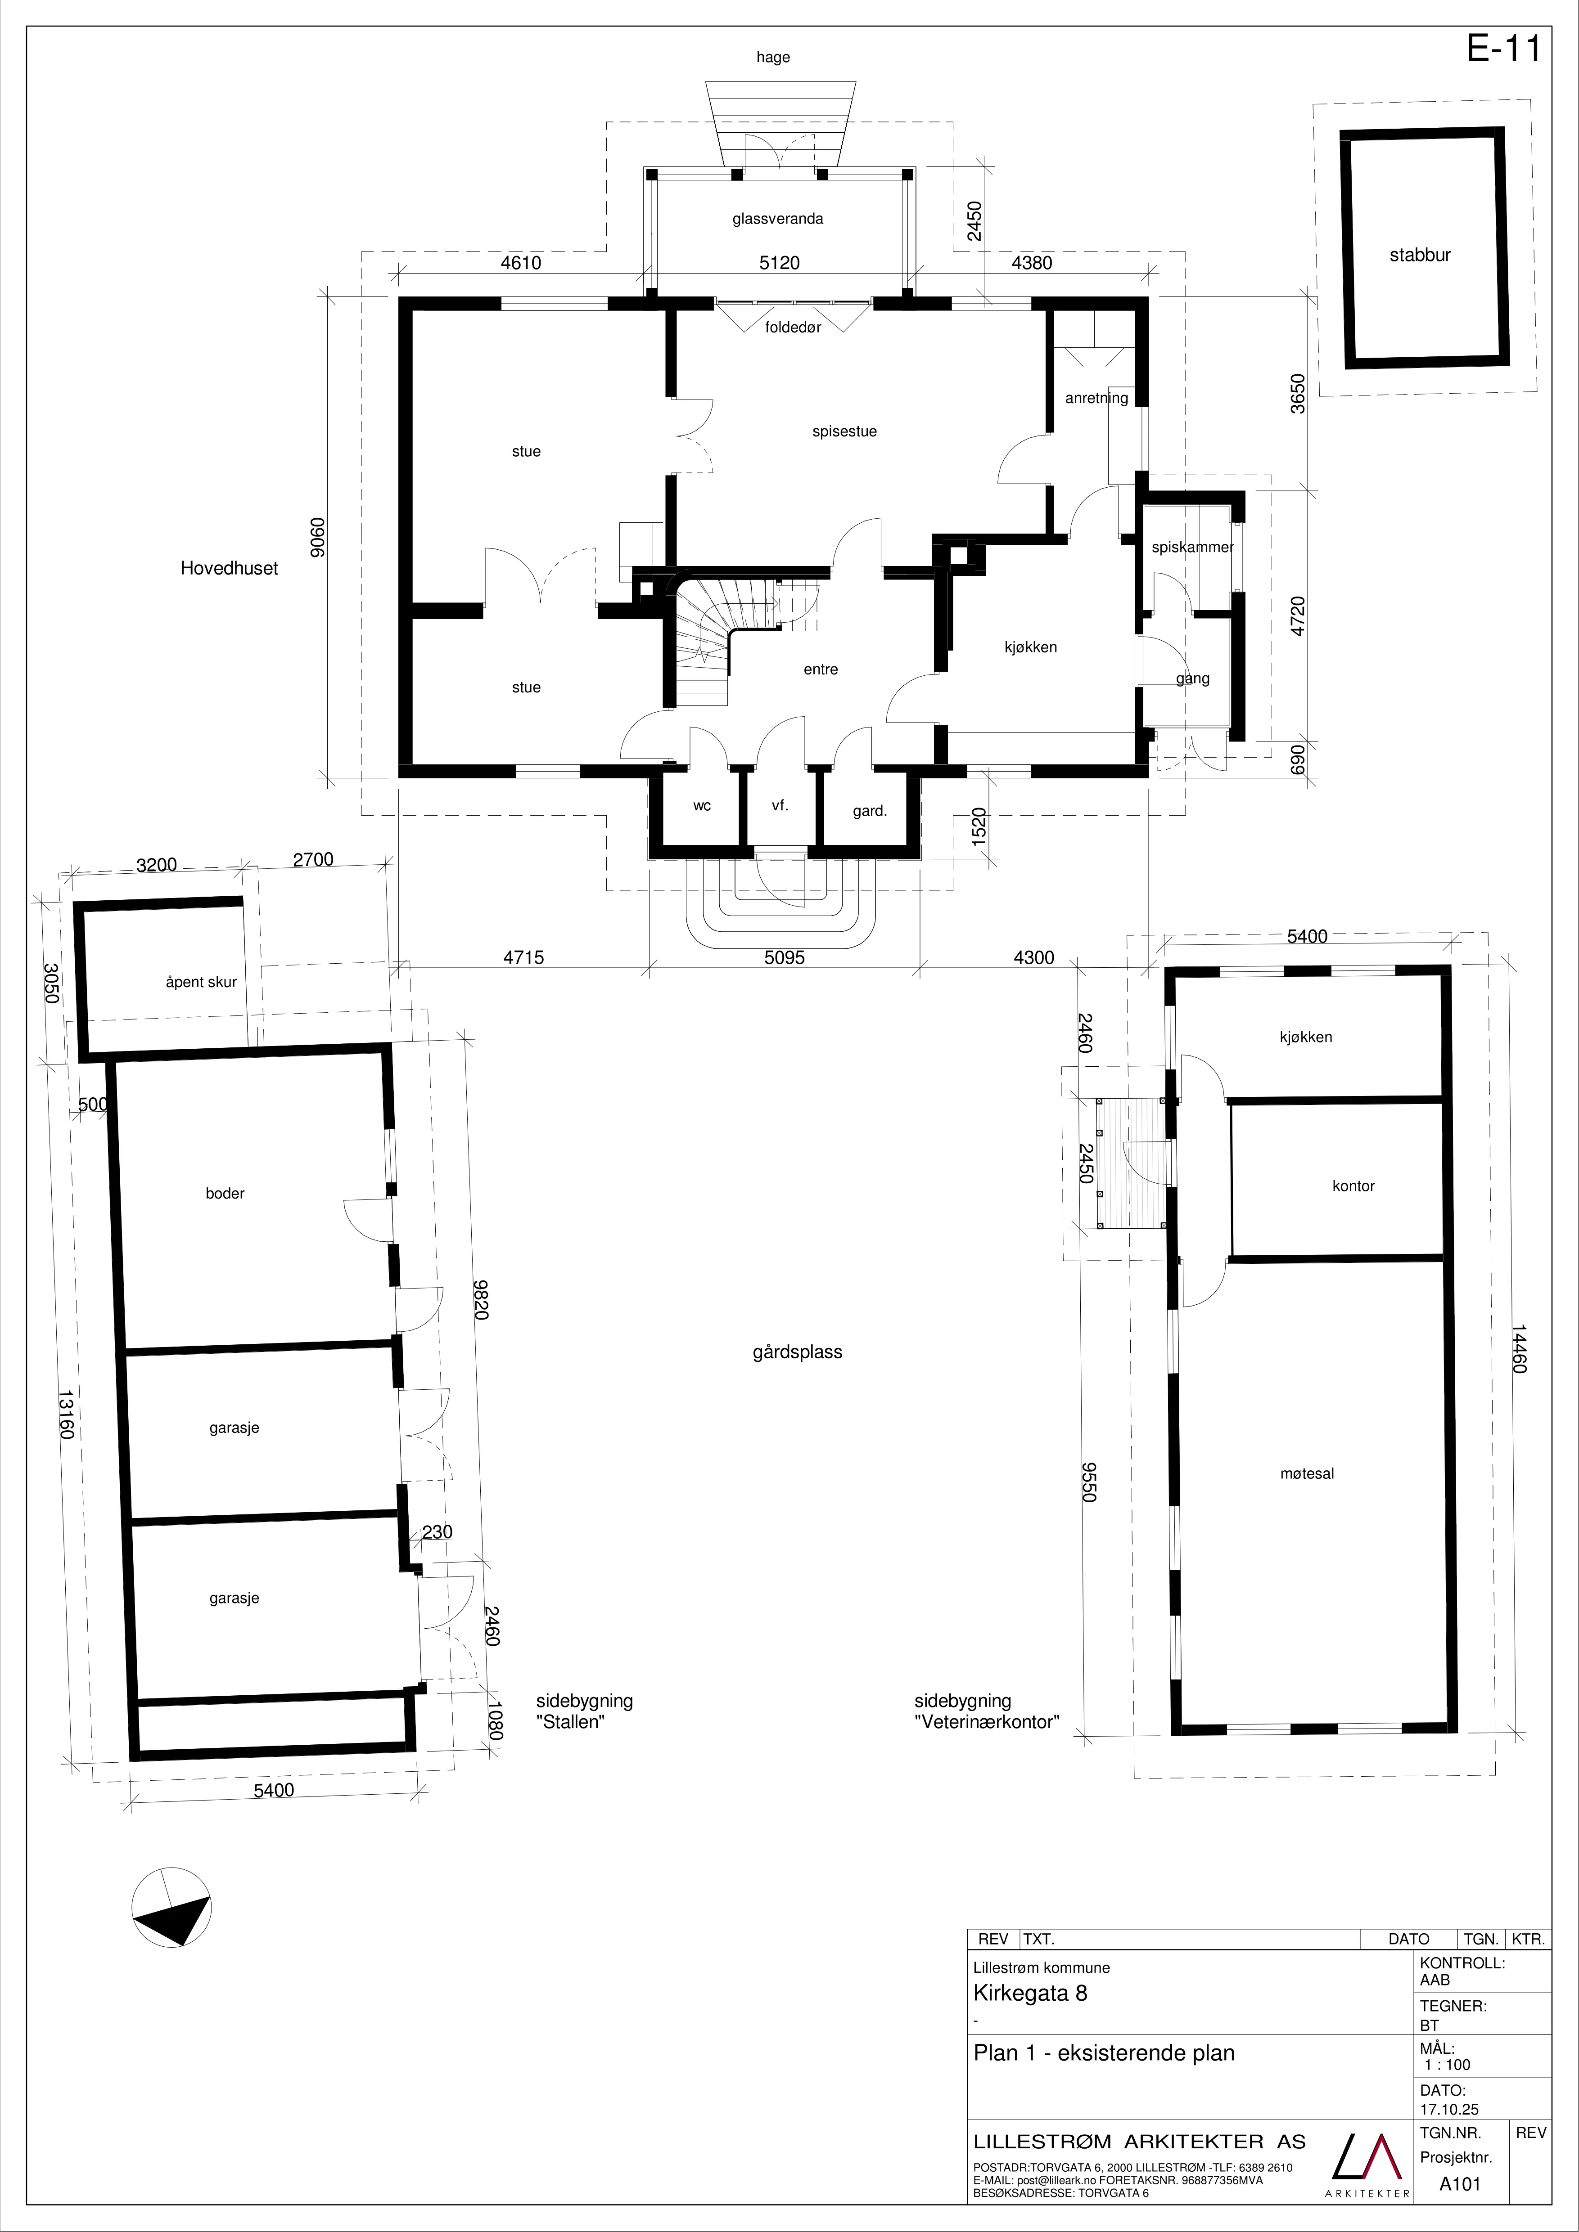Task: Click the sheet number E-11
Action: pyautogui.click(x=1503, y=49)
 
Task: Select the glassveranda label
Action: pyautogui.click(x=778, y=219)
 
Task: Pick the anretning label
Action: pyautogui.click(x=1097, y=398)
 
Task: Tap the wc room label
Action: pyautogui.click(x=702, y=806)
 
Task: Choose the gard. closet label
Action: pyautogui.click(x=870, y=811)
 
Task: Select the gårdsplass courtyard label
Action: pyautogui.click(x=797, y=1352)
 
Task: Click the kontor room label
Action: pyautogui.click(x=1353, y=1186)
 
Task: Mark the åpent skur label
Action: pyautogui.click(x=201, y=982)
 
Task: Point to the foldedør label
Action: pyautogui.click(x=794, y=328)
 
